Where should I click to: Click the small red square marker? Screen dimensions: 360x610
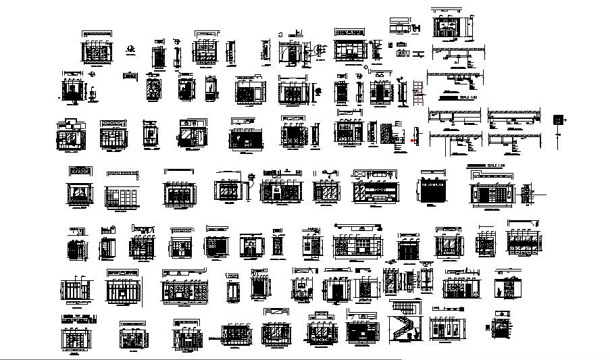coord(412,140)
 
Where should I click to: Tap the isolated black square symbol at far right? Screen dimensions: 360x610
coord(559,120)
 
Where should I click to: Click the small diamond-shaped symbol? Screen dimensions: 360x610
coord(365,68)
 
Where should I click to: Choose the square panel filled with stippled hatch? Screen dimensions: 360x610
coord(386,132)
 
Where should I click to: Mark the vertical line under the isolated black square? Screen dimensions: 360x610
coord(559,138)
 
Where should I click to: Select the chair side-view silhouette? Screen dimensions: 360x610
coord(93,93)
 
